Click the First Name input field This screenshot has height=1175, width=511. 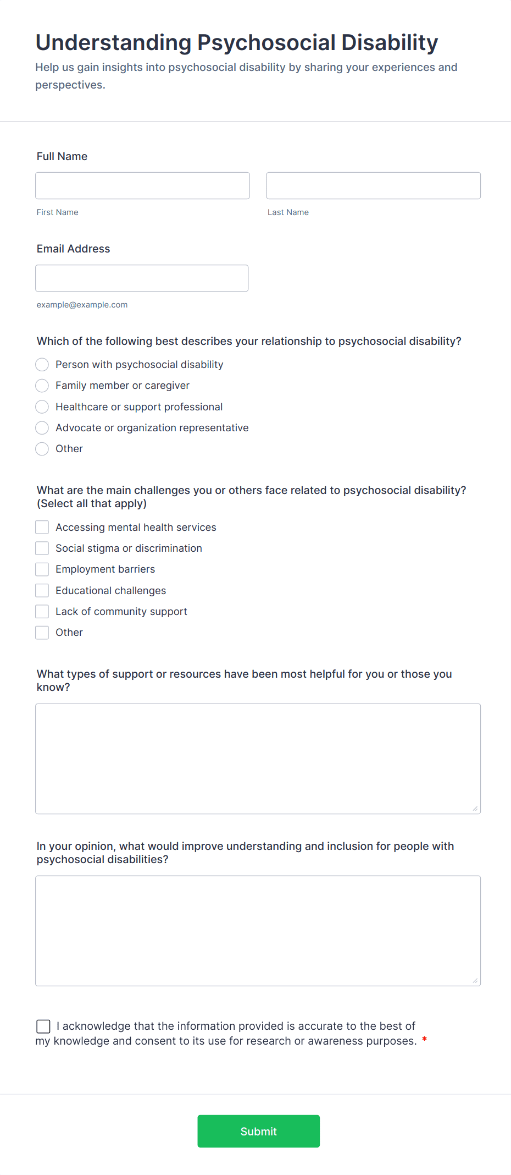(142, 186)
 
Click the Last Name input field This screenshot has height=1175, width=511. (373, 186)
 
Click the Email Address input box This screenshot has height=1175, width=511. (142, 278)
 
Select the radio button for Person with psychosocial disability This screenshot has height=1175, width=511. (42, 365)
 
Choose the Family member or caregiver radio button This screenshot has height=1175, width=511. (42, 386)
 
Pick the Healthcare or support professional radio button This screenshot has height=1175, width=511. (42, 407)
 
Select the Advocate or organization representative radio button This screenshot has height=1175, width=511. (42, 428)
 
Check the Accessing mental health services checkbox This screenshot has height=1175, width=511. (42, 528)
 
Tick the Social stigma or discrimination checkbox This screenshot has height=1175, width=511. (42, 548)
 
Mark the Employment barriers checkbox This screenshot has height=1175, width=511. (42, 569)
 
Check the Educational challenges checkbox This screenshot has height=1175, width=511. (42, 591)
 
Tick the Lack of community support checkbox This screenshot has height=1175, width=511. (42, 612)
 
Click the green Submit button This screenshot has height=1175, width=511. (258, 1131)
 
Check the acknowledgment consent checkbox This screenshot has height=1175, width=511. (43, 1026)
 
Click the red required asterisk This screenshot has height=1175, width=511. (424, 1040)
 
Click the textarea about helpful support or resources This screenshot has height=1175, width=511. (258, 759)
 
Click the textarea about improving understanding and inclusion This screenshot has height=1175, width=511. (258, 931)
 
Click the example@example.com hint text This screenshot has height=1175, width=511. (82, 305)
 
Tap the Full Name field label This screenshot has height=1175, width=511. (62, 156)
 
